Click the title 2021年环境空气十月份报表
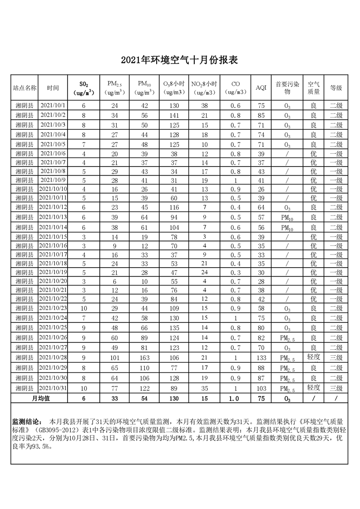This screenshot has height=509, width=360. coord(179,60)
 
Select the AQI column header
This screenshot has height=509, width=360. coord(261,88)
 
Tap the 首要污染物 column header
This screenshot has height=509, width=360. coord(287,88)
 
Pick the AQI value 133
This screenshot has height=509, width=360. coord(261,357)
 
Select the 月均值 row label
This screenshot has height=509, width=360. coord(40,398)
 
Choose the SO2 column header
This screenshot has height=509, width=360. coord(84,88)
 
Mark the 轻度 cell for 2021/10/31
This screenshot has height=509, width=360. coord(313,388)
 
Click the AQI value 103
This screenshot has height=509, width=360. coord(261,388)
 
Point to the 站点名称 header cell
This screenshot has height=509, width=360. coord(24,88)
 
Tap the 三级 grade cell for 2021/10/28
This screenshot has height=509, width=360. coord(336,357)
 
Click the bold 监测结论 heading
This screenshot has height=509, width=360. coord(26,421)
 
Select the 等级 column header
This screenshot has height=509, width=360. coord(336,88)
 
